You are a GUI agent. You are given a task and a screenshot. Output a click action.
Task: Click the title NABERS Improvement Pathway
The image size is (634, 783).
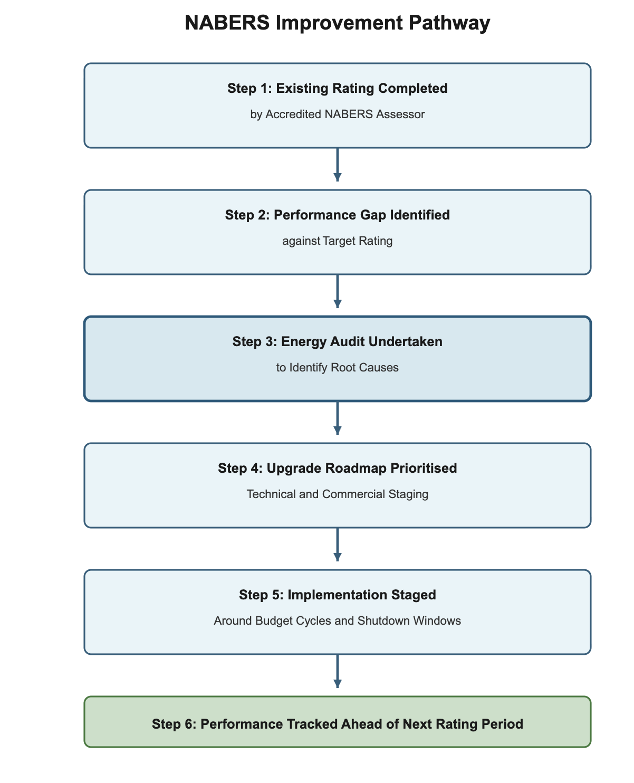click(338, 24)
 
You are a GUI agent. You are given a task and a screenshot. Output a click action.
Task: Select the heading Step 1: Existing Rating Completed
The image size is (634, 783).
click(338, 89)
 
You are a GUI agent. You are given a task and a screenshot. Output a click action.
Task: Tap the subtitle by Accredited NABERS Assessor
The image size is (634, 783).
click(338, 114)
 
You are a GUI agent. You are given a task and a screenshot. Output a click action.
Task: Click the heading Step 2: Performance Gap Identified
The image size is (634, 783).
click(338, 215)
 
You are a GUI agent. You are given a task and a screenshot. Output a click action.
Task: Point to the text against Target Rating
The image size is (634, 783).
click(338, 241)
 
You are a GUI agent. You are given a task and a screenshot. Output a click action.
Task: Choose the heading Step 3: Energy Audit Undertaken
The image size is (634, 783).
click(338, 342)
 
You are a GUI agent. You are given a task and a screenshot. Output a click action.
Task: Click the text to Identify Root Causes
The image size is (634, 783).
click(338, 368)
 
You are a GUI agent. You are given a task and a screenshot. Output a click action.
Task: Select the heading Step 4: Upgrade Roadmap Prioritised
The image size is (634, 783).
click(338, 469)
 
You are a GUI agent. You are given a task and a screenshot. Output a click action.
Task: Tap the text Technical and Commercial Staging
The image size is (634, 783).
click(338, 494)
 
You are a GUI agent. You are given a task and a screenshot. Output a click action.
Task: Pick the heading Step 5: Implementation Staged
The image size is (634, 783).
click(338, 595)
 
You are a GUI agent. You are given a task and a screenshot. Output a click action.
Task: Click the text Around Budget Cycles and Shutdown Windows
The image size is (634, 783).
click(338, 621)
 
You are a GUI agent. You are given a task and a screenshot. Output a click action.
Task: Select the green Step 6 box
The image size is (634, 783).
click(338, 722)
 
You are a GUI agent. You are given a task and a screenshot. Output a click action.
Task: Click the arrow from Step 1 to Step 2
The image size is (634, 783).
click(338, 165)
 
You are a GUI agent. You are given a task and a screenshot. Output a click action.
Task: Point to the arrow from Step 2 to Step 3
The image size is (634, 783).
click(338, 291)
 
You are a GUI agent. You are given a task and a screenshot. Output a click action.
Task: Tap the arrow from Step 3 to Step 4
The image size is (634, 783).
click(338, 418)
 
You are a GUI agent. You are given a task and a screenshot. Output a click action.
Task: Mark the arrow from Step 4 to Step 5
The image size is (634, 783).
click(338, 545)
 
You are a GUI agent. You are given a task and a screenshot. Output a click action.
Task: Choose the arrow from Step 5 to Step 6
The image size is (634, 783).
click(338, 671)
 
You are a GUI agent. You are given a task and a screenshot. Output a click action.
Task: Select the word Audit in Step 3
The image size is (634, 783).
click(345, 342)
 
